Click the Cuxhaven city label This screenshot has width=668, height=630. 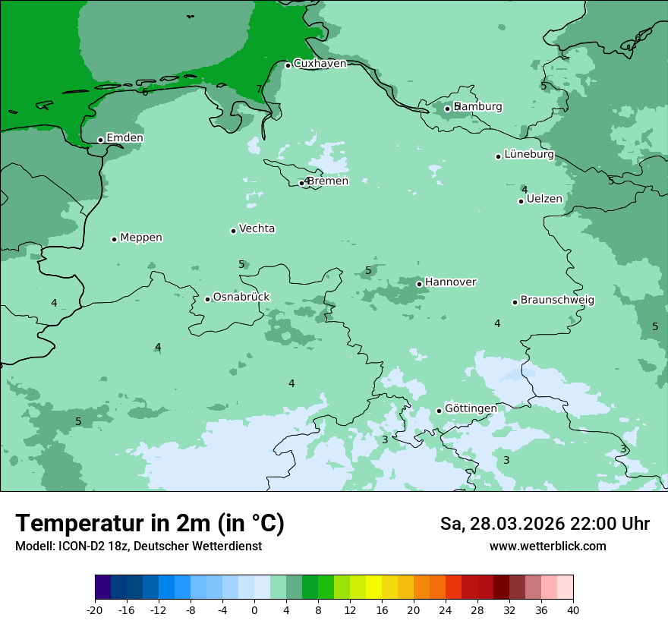(x=320, y=64)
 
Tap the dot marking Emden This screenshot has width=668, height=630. (x=100, y=140)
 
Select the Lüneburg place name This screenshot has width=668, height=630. (x=529, y=155)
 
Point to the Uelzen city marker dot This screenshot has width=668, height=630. (x=521, y=201)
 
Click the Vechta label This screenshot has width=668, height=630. (x=257, y=228)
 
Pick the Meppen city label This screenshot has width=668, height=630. (x=141, y=238)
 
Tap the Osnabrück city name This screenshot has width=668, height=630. (x=241, y=298)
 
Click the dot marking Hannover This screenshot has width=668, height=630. (x=419, y=284)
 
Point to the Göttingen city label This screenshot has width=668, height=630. (x=471, y=409)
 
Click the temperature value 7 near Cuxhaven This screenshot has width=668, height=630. (x=259, y=90)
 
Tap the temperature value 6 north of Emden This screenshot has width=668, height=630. (x=145, y=92)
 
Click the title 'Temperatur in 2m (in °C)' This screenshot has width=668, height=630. (x=150, y=524)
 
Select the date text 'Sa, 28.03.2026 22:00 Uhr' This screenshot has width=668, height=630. (x=544, y=524)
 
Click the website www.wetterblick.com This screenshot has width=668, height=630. (x=547, y=547)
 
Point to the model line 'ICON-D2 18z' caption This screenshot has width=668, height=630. (x=138, y=547)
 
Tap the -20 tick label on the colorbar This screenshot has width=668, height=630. (x=95, y=610)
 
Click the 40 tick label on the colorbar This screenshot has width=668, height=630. (x=573, y=610)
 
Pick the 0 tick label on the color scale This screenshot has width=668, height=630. (x=254, y=610)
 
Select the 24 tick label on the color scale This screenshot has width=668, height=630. (x=446, y=610)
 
